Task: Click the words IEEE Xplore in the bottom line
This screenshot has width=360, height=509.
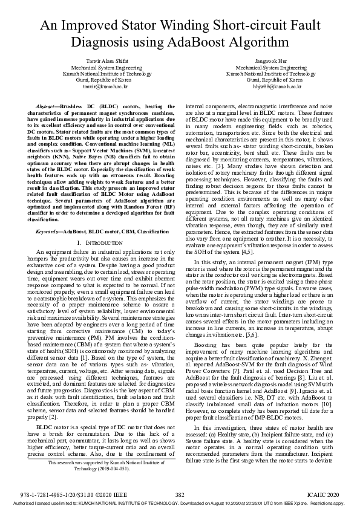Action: (x=285, y=502)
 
